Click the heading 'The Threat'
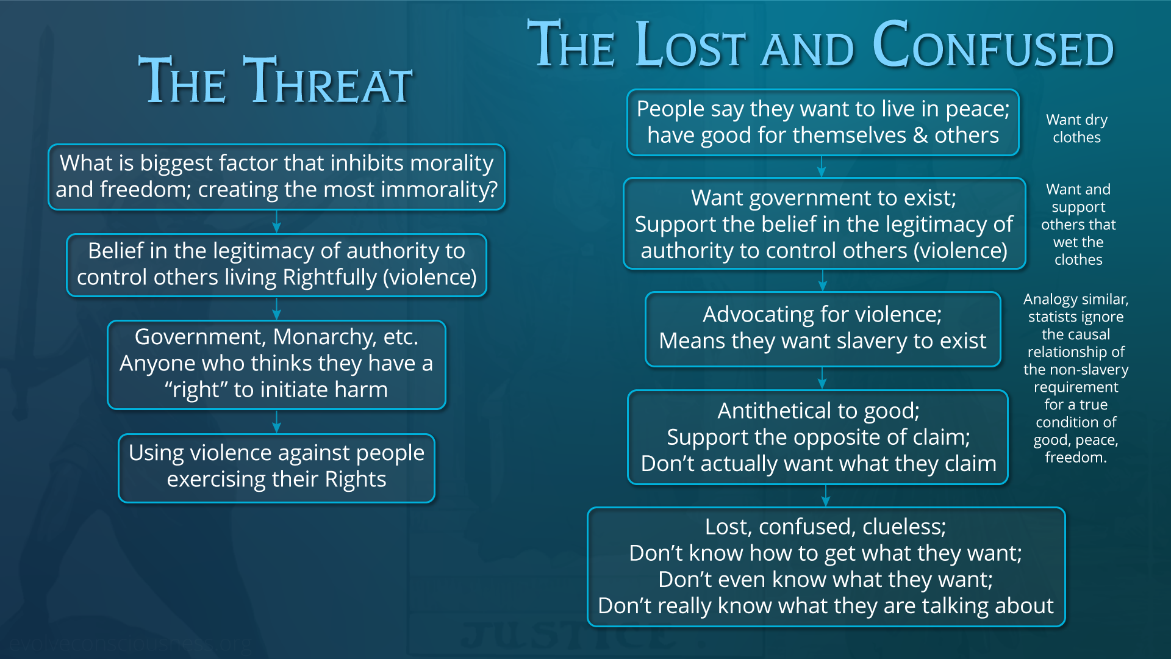[276, 81]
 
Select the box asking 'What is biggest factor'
[277, 177]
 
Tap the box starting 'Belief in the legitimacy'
[277, 265]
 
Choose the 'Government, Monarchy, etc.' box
[277, 364]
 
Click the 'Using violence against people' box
[277, 468]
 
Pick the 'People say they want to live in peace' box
[823, 122]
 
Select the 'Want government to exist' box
[824, 223]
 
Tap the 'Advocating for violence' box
[823, 329]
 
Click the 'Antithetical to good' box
[818, 437]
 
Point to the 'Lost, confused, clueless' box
[826, 567]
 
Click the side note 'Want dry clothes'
[1077, 128]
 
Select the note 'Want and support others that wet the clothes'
[1078, 224]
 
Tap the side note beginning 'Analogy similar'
[1076, 378]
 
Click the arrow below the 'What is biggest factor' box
[277, 221]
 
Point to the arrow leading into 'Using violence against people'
[277, 422]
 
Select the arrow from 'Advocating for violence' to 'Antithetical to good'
[822, 378]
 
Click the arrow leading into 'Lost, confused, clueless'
[826, 496]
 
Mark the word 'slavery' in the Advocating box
[843, 340]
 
